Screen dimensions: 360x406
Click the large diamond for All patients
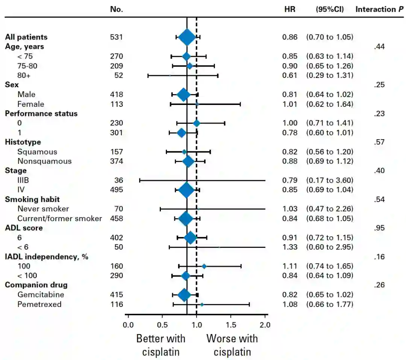pos(187,37)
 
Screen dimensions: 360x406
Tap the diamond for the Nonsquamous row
pos(188,161)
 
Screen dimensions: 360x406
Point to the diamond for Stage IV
pos(186,190)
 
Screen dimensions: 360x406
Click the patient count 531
pos(116,37)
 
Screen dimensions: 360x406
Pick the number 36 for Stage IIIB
pos(119,180)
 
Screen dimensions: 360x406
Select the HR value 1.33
pos(290,247)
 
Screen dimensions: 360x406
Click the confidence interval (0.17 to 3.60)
pos(330,180)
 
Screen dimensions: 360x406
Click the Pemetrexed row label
pos(39,304)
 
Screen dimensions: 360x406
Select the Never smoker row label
pos(43,209)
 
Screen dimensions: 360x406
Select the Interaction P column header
pos(379,9)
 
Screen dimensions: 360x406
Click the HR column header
pos(290,9)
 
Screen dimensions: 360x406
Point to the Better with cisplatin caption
pos(161,345)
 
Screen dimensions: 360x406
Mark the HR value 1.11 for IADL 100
pos(290,266)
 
